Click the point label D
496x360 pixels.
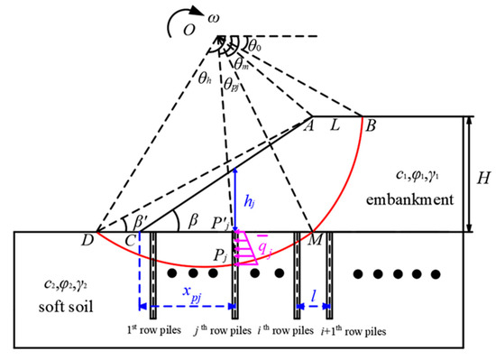[89, 242]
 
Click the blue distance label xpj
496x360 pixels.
[186, 293]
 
